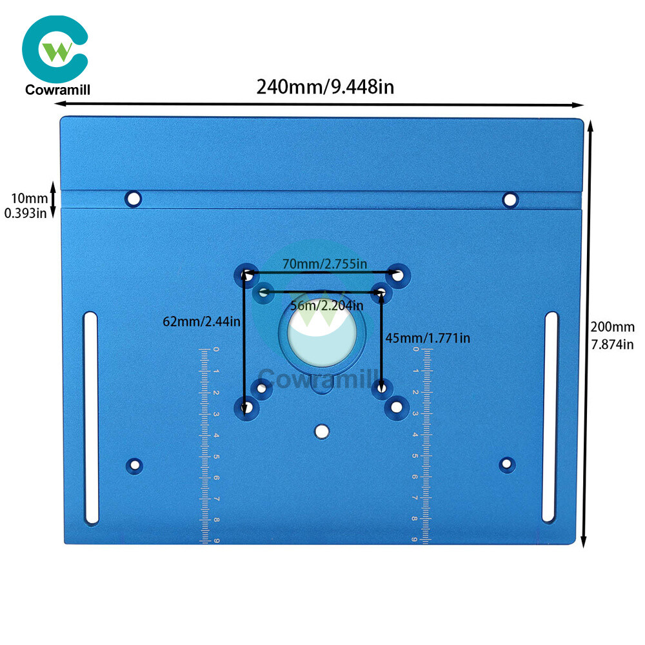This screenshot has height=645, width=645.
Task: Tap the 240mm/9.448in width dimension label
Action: point(325,87)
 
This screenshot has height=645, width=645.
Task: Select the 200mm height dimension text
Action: point(613,327)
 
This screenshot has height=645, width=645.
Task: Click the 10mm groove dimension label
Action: point(30,198)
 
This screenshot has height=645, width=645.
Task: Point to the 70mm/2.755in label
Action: point(324,264)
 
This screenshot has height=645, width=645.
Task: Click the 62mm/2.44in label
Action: point(201,321)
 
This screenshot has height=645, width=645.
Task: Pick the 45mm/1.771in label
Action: point(428,338)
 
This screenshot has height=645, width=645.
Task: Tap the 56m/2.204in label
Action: point(326,305)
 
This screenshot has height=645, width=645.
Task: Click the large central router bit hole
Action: point(322,332)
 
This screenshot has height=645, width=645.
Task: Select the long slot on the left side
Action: point(91,418)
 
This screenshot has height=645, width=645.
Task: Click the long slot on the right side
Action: point(551,417)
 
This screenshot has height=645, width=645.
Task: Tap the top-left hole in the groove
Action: point(133,199)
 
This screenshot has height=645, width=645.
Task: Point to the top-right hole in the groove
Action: point(510,201)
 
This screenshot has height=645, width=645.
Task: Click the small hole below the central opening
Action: point(322,432)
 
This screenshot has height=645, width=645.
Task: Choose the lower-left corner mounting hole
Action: point(134,466)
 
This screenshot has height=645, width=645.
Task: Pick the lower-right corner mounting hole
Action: point(507,464)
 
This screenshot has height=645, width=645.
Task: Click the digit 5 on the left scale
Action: point(216,457)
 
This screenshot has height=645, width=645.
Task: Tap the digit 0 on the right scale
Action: point(416,349)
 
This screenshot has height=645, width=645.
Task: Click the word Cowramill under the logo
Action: point(57,90)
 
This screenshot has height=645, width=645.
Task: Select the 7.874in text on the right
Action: point(613,344)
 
